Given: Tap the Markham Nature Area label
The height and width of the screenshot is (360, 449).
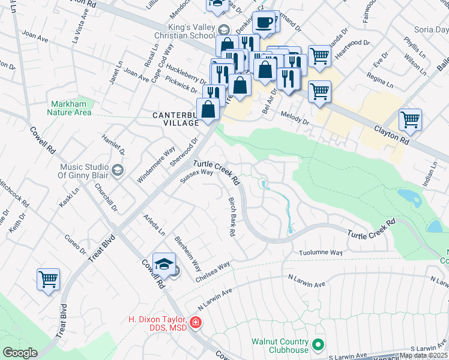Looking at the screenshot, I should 71,108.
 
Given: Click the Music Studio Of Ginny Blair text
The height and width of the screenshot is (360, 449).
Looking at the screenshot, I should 83,171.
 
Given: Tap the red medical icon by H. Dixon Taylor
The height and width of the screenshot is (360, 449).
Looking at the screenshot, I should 195,323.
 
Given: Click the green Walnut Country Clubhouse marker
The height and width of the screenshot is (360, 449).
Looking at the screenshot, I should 319,345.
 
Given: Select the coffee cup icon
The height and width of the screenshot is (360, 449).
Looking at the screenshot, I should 264,22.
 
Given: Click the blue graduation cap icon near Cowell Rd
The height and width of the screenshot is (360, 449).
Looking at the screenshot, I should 163,264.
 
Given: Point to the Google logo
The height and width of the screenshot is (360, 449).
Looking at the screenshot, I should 20,353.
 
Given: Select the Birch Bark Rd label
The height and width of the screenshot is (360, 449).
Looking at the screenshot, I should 231,217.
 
